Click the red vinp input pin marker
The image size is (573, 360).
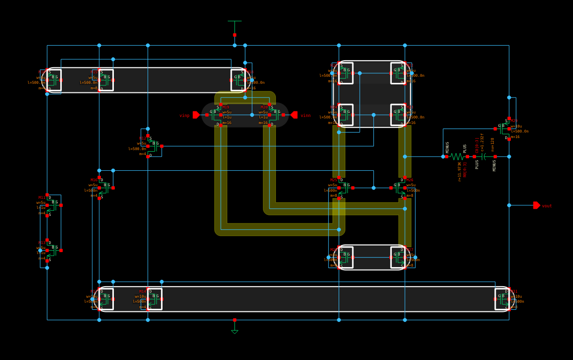[196, 115]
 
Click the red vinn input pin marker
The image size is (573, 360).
[294, 115]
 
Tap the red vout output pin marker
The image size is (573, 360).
[536, 205]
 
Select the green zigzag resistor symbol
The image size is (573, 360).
[457, 157]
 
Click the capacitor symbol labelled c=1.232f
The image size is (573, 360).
[484, 157]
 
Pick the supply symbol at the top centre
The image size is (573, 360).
[234, 22]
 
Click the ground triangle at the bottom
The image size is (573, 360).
[234, 331]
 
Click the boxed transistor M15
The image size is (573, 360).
[106, 80]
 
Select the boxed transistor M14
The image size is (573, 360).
[155, 299]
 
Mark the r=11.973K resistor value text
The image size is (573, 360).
[460, 171]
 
